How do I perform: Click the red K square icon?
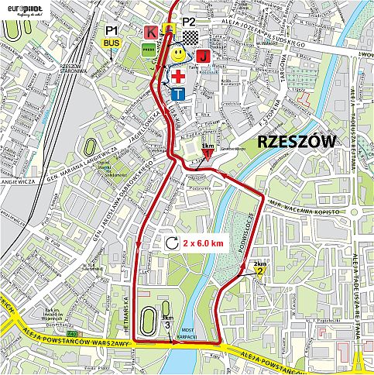pos(150,32)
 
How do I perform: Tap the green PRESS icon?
pos(149,50)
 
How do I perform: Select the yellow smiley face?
pos(177,55)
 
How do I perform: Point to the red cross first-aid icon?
pos(178,76)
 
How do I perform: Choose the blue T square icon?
pos(178,94)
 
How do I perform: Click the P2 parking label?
pos(189,21)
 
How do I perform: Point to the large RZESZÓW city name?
pos(297,141)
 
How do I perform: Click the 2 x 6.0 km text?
pos(204,243)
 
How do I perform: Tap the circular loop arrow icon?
pos(171,243)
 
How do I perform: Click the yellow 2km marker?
pos(259,270)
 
